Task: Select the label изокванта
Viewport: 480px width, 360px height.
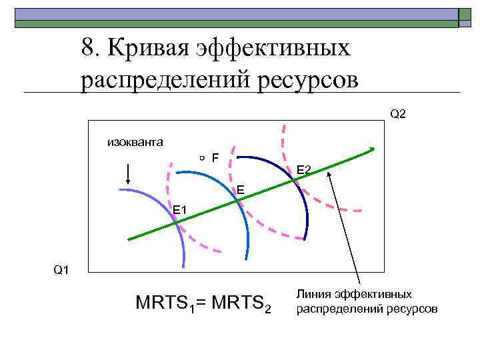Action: click(136, 141)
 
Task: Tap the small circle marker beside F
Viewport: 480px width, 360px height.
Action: click(201, 158)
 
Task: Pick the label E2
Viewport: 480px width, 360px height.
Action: click(304, 171)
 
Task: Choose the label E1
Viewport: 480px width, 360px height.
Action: click(181, 211)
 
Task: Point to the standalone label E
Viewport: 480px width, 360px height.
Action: click(240, 191)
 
